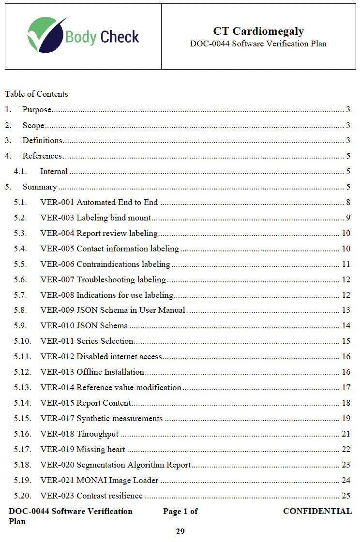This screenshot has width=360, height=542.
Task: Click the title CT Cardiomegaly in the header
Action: pyautogui.click(x=258, y=31)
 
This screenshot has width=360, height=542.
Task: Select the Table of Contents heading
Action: pyautogui.click(x=36, y=94)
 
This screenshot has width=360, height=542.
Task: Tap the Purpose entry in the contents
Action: pyautogui.click(x=37, y=110)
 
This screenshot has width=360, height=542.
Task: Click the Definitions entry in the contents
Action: pyautogui.click(x=42, y=141)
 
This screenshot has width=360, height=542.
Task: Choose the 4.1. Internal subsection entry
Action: pyautogui.click(x=54, y=171)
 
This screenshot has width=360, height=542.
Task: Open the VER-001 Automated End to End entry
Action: pyautogui.click(x=99, y=202)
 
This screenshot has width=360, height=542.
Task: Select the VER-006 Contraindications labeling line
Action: pyautogui.click(x=105, y=264)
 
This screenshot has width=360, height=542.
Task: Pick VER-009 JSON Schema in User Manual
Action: pyautogui.click(x=113, y=310)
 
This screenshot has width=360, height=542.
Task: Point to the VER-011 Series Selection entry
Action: pyautogui.click(x=87, y=341)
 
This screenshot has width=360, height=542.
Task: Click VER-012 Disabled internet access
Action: pyautogui.click(x=101, y=356)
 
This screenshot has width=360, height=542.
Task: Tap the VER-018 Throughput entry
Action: pyautogui.click(x=79, y=434)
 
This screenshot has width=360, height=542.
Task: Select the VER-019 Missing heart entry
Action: pyautogui.click(x=83, y=449)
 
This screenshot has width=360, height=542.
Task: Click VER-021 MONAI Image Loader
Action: pyautogui.click(x=99, y=480)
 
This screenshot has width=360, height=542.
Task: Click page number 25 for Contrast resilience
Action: pyautogui.click(x=345, y=496)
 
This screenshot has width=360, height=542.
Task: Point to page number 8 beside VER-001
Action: pyautogui.click(x=348, y=202)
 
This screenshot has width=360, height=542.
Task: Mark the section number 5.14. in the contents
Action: pyautogui.click(x=23, y=403)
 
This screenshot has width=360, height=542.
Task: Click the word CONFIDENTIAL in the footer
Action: pyautogui.click(x=317, y=511)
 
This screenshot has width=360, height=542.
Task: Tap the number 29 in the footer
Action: pyautogui.click(x=180, y=531)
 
